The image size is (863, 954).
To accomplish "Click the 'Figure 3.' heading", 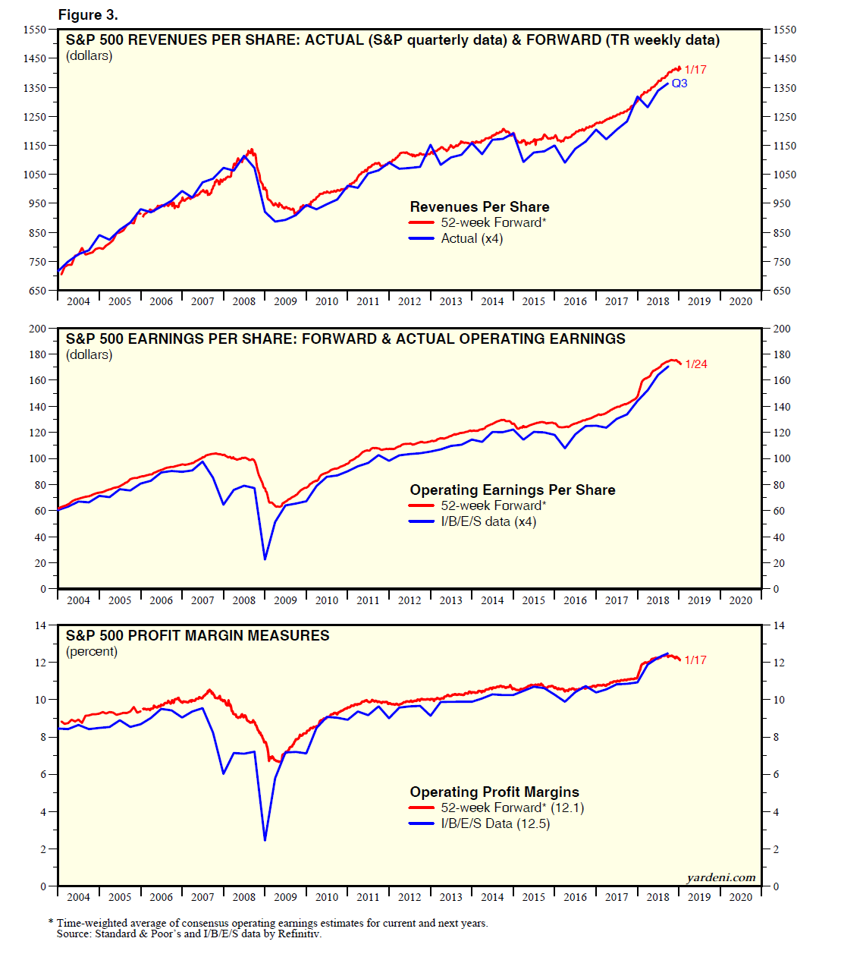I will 88,15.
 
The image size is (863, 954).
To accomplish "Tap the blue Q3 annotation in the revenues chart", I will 679,83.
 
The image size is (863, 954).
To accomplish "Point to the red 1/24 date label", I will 695,364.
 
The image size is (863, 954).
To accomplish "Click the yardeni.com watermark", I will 720,878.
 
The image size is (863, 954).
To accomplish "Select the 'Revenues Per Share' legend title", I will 479,206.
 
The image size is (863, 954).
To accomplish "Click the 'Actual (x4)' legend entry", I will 472,238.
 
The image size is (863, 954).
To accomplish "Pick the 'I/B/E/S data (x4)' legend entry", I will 488,521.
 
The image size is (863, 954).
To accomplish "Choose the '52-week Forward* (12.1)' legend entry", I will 512,808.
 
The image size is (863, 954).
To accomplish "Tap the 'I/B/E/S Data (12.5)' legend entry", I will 495,823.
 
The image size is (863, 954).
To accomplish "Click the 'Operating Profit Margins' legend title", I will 494,792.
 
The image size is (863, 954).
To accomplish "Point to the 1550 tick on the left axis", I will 35,30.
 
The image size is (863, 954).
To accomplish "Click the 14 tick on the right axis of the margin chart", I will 779,625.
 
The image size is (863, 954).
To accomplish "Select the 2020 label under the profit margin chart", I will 740,897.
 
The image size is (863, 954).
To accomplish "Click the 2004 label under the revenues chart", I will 78,301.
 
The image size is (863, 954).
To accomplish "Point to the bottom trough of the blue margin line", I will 265,840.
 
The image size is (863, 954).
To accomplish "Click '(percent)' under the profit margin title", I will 92,651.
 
